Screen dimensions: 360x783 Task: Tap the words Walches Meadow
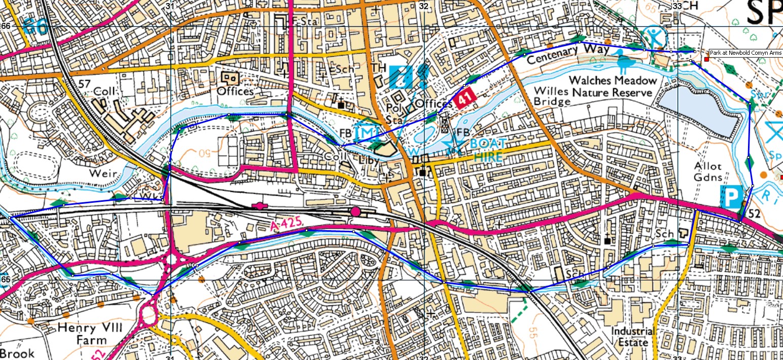point(613,81)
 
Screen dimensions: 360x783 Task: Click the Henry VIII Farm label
point(90,335)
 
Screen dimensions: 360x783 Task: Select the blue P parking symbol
point(730,196)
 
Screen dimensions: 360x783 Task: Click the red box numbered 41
point(462,100)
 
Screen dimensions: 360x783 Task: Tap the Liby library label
point(369,157)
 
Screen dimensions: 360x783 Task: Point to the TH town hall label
point(378,68)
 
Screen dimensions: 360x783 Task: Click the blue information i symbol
point(402,75)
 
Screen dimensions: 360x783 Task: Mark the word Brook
point(17,353)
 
